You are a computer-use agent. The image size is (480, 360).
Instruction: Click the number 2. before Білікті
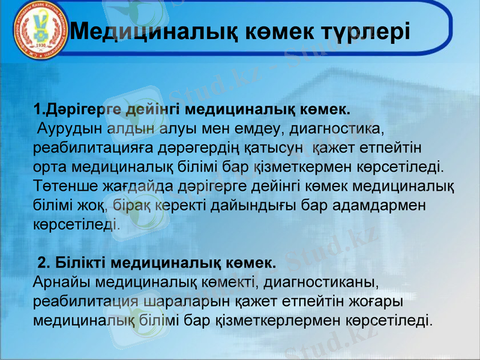44,263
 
